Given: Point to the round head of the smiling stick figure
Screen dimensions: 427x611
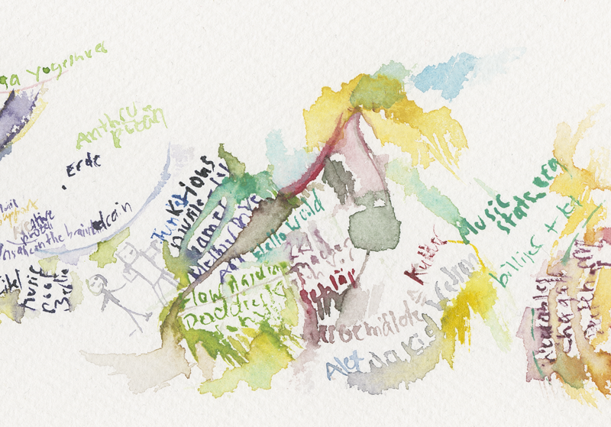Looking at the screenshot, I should [x=97, y=284].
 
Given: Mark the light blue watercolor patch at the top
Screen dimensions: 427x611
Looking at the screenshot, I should [x=447, y=73].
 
